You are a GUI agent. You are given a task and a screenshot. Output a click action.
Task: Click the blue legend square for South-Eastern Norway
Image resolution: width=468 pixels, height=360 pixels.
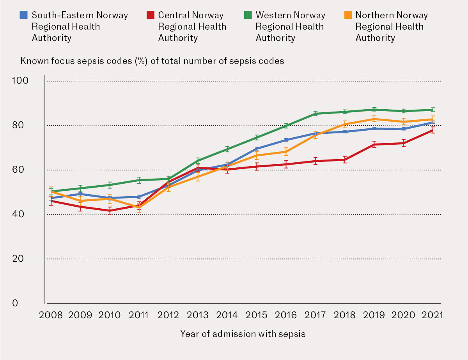24,15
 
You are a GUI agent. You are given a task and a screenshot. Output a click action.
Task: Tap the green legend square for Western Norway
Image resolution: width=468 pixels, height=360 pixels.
247,15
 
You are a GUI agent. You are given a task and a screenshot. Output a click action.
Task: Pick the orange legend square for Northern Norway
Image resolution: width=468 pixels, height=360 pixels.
347,15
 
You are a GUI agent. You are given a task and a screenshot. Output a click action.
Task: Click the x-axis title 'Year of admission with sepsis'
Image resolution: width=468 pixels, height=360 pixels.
243,334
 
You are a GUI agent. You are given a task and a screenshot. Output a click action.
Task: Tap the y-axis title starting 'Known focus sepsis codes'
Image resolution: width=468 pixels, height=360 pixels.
152,61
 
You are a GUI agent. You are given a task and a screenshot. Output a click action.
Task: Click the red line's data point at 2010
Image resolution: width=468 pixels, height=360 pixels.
110,211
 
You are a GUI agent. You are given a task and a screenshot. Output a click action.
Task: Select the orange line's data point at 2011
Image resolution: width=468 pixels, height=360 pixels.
139,207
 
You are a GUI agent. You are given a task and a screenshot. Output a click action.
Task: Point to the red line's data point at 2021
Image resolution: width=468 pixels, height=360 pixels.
433,130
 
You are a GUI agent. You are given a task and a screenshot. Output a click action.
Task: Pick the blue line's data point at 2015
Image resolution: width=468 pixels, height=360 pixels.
256,149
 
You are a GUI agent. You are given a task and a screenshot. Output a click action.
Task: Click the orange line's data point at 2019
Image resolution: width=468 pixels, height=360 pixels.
374,119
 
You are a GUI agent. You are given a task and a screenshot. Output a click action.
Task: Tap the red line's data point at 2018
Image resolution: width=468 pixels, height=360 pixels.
344,160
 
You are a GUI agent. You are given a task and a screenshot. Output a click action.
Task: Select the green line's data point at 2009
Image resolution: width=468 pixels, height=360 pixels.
80,188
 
